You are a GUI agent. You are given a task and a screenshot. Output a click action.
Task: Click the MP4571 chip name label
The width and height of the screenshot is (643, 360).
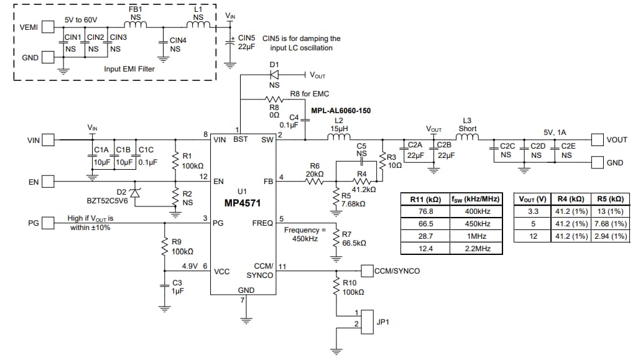pyautogui.click(x=244, y=203)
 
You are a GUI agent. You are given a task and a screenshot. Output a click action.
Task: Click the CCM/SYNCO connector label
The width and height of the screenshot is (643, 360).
pyautogui.click(x=397, y=271)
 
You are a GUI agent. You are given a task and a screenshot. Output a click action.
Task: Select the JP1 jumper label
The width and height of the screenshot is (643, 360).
pyautogui.click(x=382, y=322)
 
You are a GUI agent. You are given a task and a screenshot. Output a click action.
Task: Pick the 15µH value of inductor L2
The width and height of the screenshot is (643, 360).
pyautogui.click(x=339, y=129)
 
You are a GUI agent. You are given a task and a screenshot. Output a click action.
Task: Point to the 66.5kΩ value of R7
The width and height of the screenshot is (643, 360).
pyautogui.click(x=354, y=242)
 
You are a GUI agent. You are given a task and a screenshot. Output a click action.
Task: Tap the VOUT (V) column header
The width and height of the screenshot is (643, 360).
pyautogui.click(x=532, y=199)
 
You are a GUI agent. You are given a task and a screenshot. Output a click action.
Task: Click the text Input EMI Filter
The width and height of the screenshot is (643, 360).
pyautogui.click(x=129, y=69)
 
